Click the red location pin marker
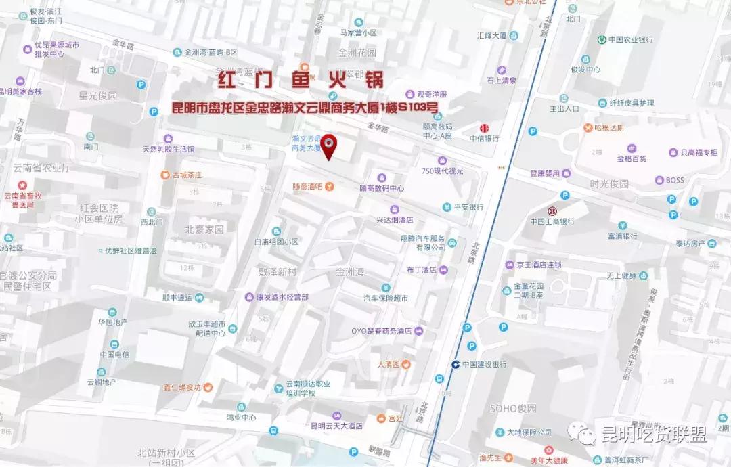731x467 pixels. [329, 145]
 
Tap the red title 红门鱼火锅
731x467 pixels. [300, 81]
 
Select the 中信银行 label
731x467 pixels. [485, 138]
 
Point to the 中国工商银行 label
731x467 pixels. [552, 221]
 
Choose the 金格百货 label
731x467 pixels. [632, 158]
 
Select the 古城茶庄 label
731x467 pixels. [187, 175]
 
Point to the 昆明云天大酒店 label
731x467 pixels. [336, 426]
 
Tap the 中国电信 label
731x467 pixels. [114, 354]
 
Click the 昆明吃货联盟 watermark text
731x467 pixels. [655, 434]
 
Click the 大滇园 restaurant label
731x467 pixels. [389, 364]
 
